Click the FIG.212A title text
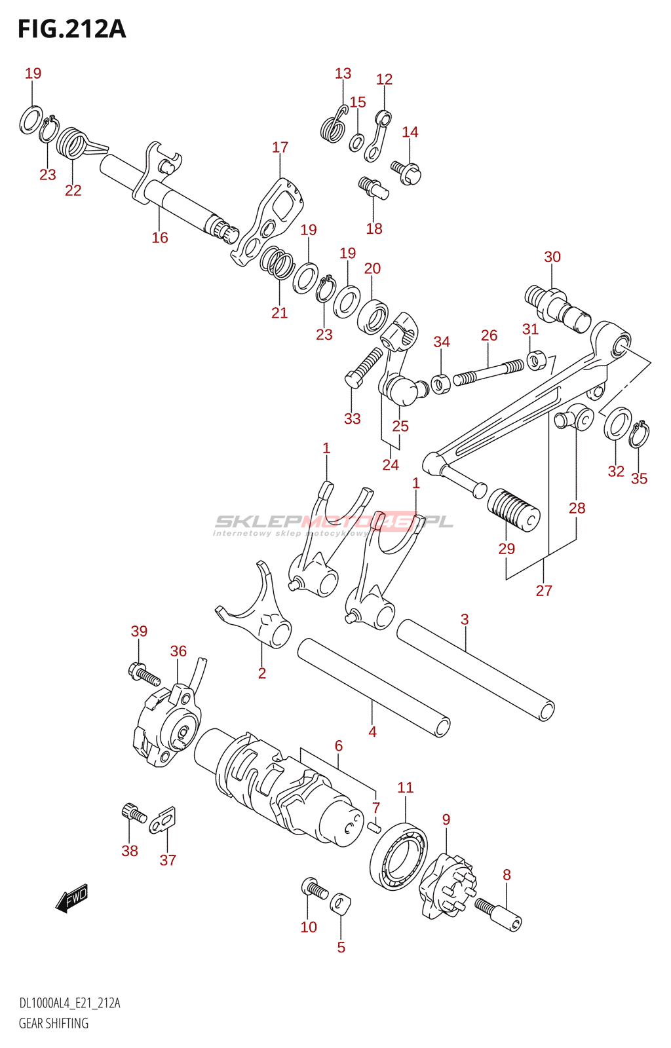[71, 29]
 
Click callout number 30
[552, 257]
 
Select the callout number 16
[160, 238]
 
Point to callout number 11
[406, 787]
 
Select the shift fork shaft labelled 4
[374, 688]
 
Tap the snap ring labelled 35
[639, 435]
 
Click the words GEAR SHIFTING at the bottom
[53, 1023]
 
